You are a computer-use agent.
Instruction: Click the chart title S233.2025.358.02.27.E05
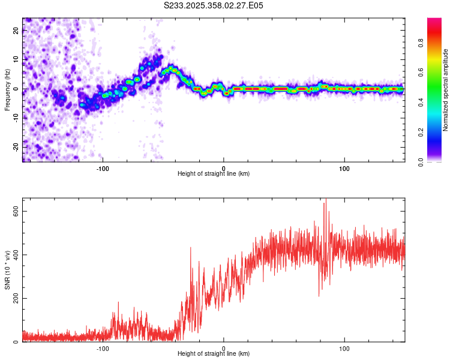(214, 5)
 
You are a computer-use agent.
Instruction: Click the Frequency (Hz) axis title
(7, 90)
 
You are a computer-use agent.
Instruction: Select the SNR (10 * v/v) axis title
(7, 271)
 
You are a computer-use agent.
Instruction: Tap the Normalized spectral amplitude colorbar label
(446, 90)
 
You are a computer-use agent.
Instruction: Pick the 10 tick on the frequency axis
(16, 60)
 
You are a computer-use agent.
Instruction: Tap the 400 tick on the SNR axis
(16, 255)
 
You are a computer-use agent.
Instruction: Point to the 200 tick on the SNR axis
(16, 298)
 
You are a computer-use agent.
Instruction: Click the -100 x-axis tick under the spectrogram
(103, 167)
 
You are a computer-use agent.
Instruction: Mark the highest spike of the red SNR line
(325, 203)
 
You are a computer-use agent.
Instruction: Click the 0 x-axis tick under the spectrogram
(223, 167)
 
